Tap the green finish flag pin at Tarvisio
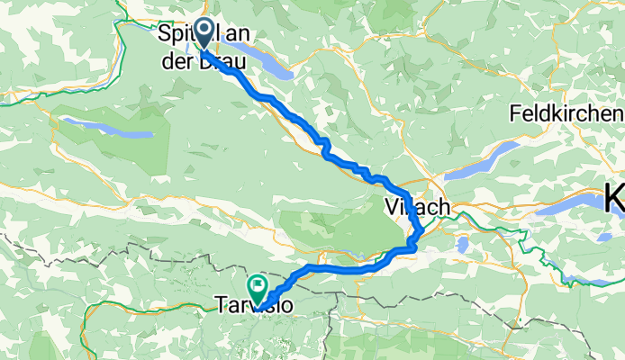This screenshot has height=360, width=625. [258, 288]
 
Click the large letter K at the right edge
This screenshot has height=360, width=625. [616, 199]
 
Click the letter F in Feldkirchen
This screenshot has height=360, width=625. [515, 114]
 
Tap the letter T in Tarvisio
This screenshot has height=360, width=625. [220, 306]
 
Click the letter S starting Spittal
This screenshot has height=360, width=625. [166, 33]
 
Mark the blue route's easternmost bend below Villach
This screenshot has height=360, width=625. [421, 234]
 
